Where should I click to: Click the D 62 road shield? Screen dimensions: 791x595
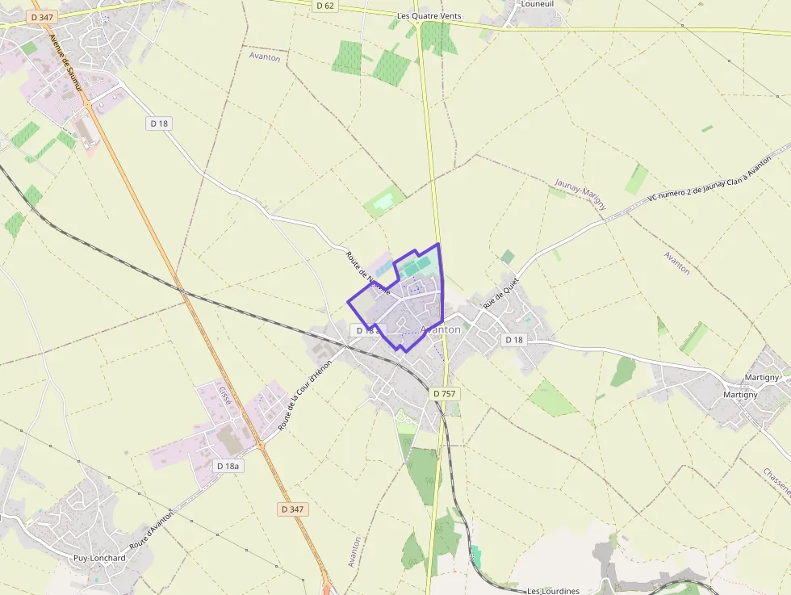point(324,6)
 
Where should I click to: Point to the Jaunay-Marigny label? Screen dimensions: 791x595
point(581,195)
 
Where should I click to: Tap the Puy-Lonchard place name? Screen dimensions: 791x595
point(99,558)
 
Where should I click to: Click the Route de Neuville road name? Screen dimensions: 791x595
point(368,273)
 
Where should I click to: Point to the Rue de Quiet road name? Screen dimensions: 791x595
point(500,295)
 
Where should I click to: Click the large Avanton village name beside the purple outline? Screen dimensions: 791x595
point(441,329)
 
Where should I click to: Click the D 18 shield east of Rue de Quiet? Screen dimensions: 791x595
point(514,340)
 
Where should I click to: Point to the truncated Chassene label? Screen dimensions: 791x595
point(776,482)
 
